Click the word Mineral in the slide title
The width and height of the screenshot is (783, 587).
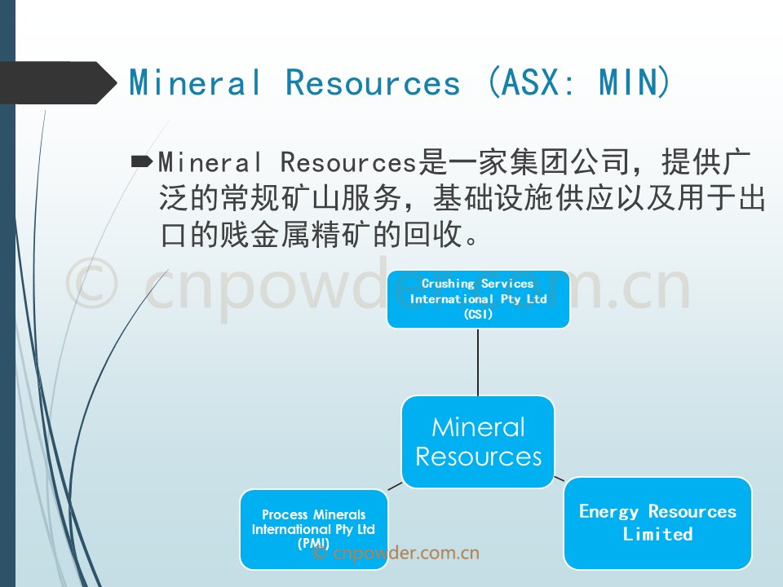click(195, 82)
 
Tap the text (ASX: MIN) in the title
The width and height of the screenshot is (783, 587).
click(579, 82)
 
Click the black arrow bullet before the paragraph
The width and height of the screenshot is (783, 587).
click(141, 161)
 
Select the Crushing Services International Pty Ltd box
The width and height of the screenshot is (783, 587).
click(479, 299)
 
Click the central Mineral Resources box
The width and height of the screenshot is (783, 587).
click(479, 442)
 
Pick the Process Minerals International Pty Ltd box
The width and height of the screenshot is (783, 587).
click(313, 530)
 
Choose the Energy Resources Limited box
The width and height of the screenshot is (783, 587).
click(657, 523)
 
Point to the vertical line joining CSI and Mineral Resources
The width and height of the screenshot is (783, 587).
click(479, 362)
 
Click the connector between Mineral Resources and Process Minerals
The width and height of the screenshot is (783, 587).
click(395, 486)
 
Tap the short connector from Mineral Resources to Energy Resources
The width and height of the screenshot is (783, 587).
click(560, 479)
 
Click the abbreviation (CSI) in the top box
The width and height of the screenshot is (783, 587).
click(479, 314)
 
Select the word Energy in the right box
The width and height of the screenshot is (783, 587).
click(608, 512)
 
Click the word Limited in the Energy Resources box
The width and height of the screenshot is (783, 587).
click(657, 534)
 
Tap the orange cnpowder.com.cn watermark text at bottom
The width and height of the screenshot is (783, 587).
click(396, 553)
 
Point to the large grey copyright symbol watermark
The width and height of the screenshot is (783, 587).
click(92, 283)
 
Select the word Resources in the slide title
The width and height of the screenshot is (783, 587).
click(373, 82)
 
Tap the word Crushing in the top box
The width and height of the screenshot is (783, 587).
click(448, 284)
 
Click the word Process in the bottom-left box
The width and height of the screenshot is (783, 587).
click(285, 514)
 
